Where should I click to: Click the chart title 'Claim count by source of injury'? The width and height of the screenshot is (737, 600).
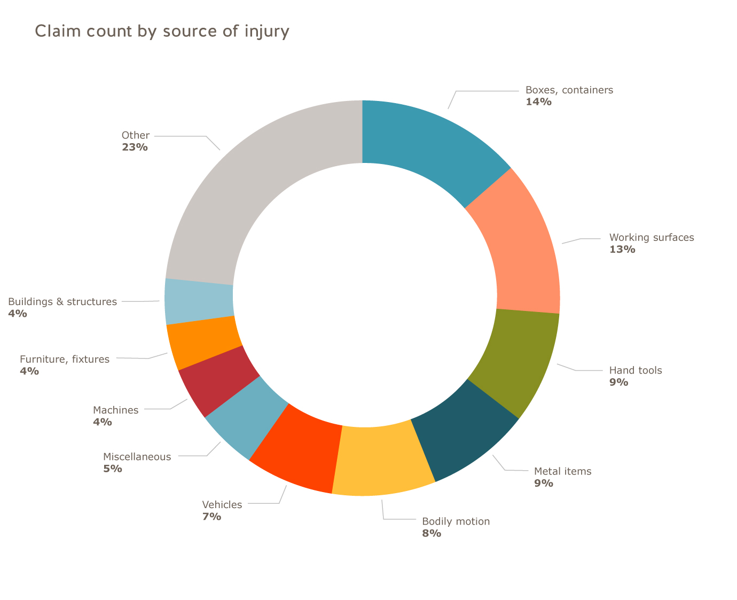coord(162,31)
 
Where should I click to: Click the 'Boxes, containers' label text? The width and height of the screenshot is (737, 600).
coord(569,90)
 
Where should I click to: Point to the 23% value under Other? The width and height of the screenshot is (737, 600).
coord(135,147)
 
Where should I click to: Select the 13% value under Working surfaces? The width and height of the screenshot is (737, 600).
coord(622,249)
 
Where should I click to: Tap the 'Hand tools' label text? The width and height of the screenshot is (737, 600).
coord(636,370)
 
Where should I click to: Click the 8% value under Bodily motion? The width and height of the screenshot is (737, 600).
coord(432,533)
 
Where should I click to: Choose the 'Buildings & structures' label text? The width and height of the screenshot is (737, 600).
coord(62,302)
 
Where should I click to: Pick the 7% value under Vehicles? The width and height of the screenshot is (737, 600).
coord(211,517)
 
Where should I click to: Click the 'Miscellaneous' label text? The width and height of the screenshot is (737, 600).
coord(137,457)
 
